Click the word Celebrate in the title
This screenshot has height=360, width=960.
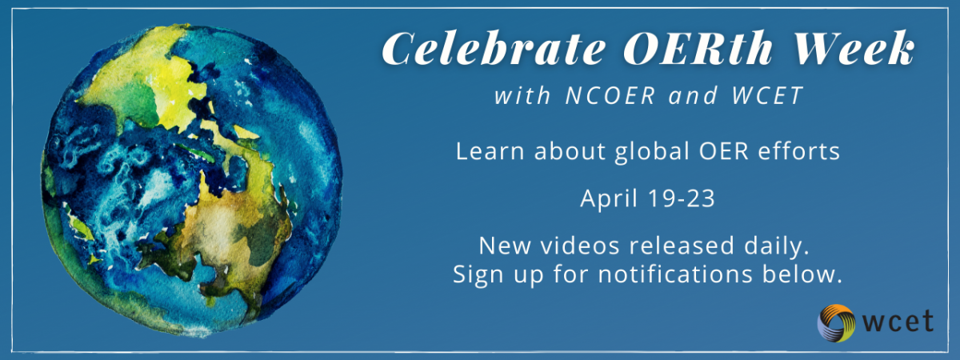493,49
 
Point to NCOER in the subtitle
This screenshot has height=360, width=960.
610,95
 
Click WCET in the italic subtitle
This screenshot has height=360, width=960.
767,95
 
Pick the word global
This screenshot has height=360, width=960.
652,152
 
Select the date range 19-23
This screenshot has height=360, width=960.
682,198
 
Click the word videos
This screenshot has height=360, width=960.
579,246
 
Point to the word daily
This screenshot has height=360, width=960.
777,246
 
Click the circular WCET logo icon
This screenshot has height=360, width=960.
836,322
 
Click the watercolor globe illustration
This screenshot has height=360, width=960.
191,180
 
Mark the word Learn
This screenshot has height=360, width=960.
490,151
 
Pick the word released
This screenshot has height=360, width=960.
682,246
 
